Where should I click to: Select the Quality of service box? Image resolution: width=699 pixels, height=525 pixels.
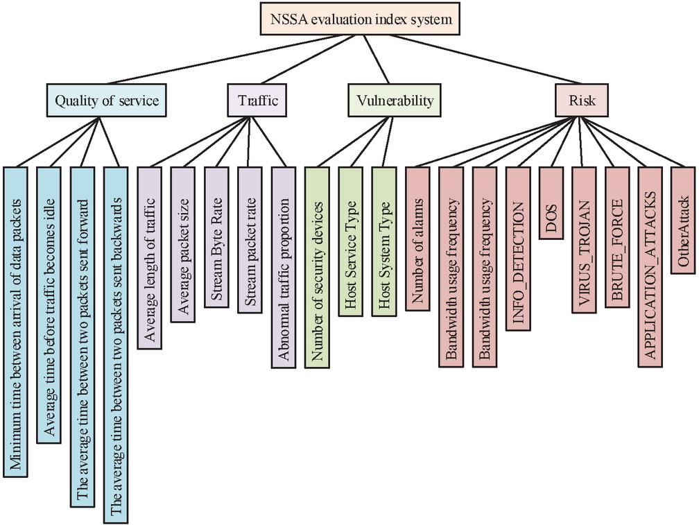(107, 101)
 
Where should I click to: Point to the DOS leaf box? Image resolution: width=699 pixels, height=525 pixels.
(550, 203)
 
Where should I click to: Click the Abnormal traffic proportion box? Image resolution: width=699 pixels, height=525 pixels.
(283, 266)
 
